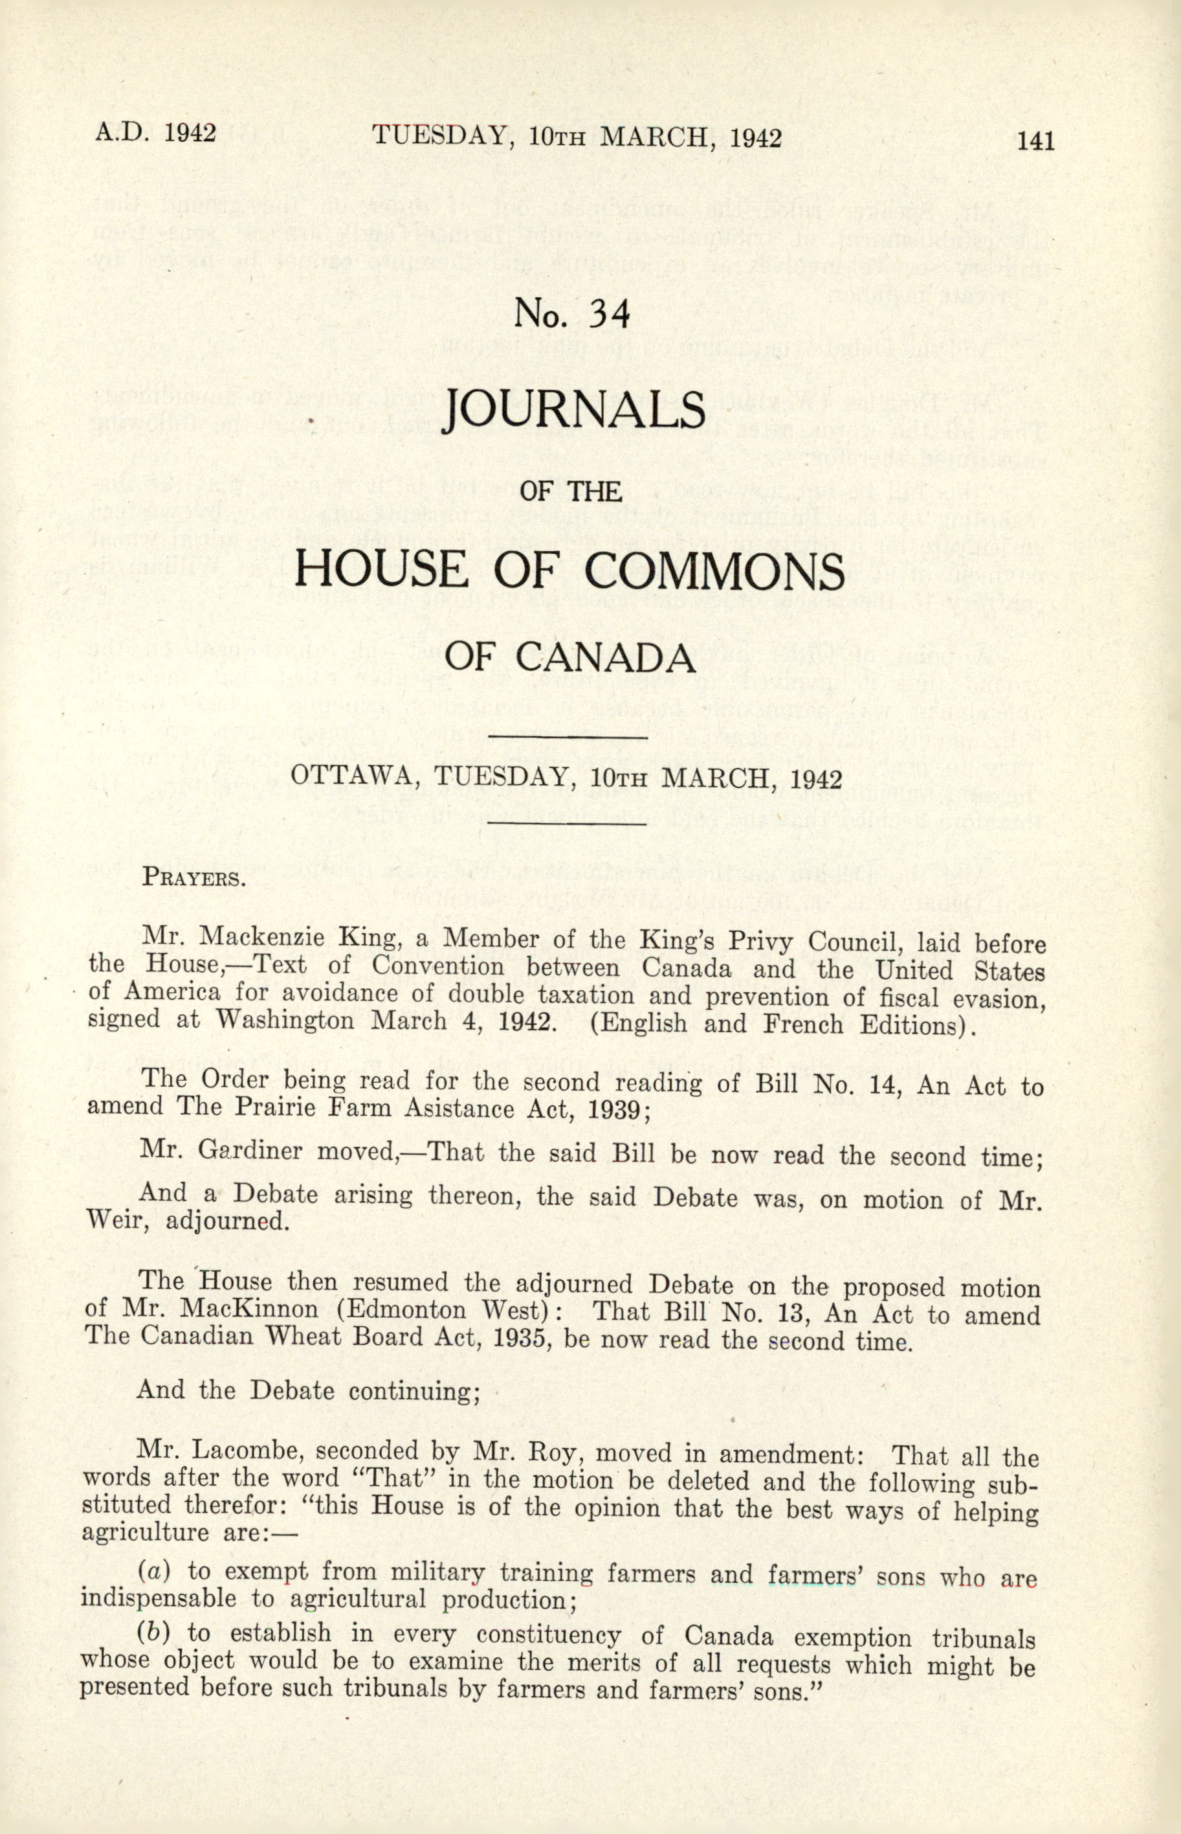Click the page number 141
pyautogui.click(x=1035, y=141)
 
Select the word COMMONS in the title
pyautogui.click(x=714, y=570)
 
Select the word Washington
pyautogui.click(x=285, y=1021)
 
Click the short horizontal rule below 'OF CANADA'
pyautogui.click(x=568, y=738)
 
